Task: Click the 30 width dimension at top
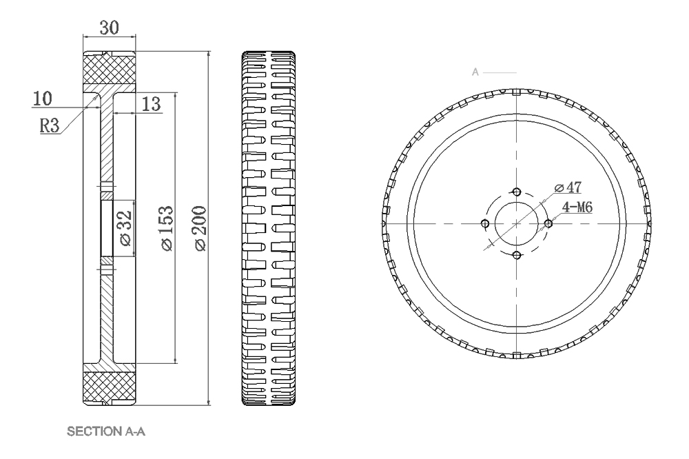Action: pyautogui.click(x=109, y=28)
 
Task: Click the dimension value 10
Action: pyautogui.click(x=42, y=99)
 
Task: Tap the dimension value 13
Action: pyautogui.click(x=151, y=104)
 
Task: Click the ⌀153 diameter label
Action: pyautogui.click(x=167, y=228)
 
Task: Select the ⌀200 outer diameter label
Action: pyautogui.click(x=200, y=228)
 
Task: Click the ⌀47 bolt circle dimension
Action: pyautogui.click(x=569, y=187)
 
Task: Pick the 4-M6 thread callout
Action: pyautogui.click(x=578, y=206)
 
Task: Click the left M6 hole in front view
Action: pyautogui.click(x=485, y=223)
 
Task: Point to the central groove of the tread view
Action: pyautogui.click(x=269, y=228)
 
